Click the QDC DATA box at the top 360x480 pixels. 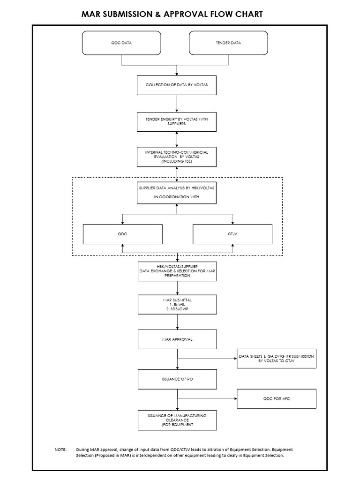point(122,43)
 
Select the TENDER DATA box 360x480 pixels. point(229,43)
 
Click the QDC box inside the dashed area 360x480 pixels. point(123,234)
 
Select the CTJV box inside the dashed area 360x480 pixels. point(232,234)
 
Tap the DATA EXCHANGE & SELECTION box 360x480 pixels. point(177,271)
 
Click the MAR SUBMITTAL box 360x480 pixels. point(177,304)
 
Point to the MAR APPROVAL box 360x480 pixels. point(177,339)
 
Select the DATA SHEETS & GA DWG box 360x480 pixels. point(277,359)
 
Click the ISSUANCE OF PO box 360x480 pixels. point(177,379)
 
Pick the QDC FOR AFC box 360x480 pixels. point(277,398)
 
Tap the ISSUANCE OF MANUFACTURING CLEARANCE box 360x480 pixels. point(177,420)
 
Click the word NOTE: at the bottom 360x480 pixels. point(61,449)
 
